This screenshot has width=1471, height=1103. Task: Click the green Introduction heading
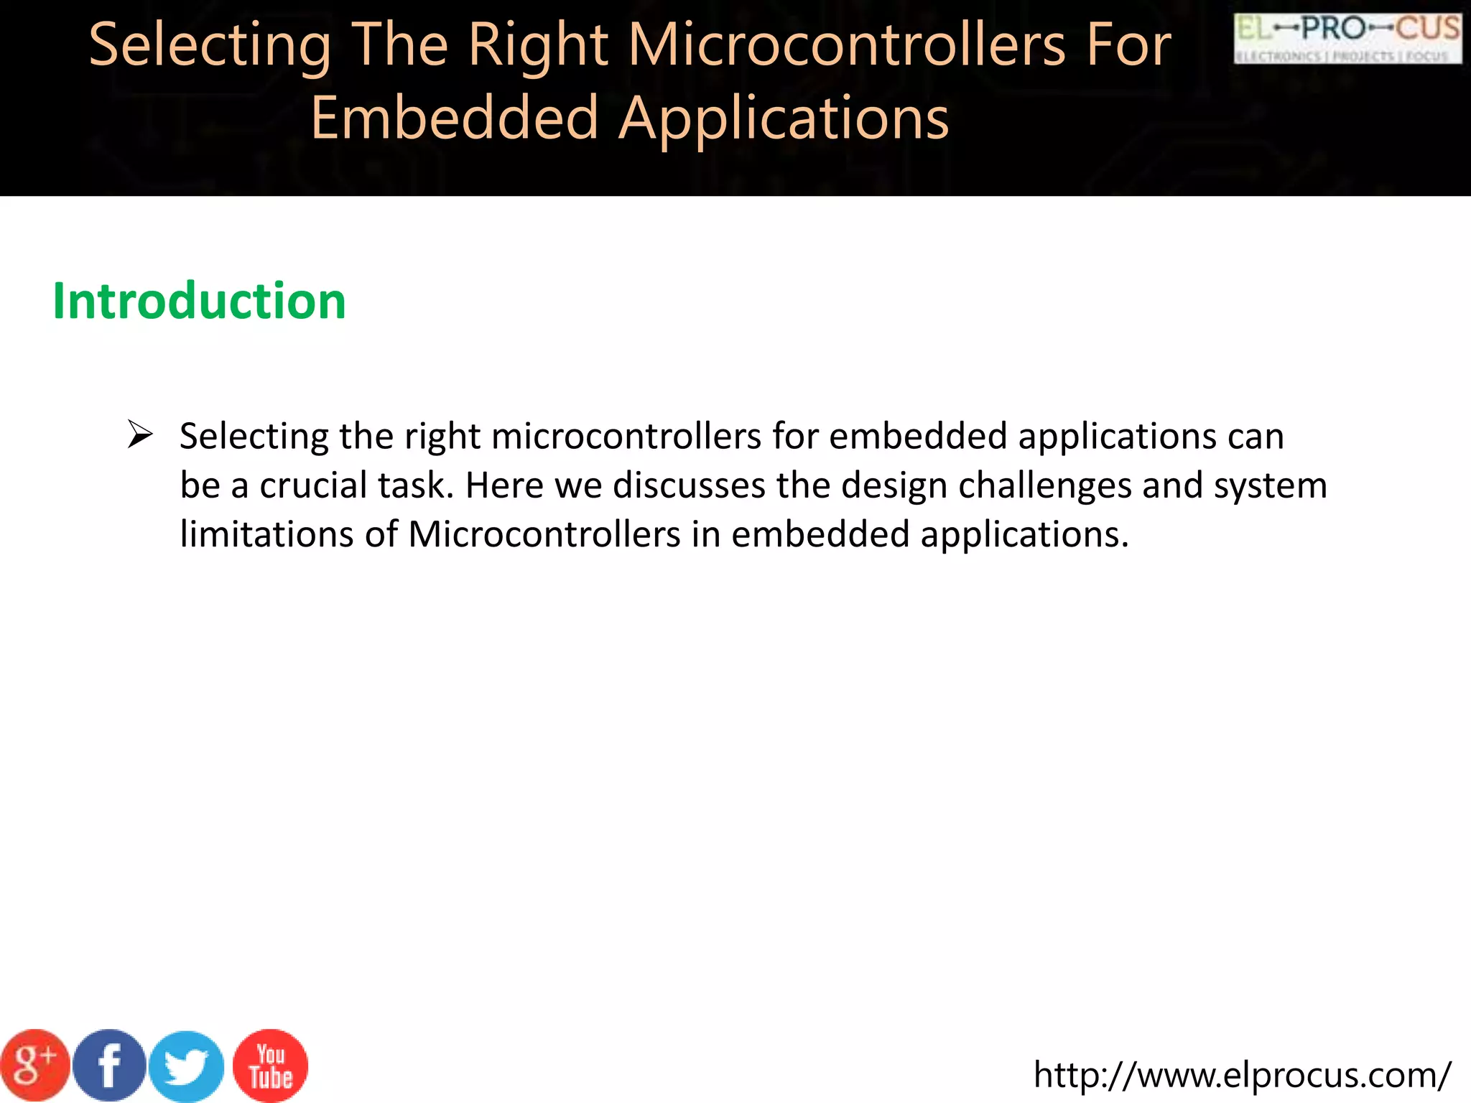[x=199, y=301]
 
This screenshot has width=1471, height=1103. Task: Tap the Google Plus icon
[x=34, y=1065]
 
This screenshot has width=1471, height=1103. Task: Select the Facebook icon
[x=109, y=1066]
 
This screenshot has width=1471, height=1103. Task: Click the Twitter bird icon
[x=187, y=1066]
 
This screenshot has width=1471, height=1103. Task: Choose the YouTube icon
[x=271, y=1066]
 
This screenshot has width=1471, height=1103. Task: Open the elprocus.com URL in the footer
[x=1242, y=1075]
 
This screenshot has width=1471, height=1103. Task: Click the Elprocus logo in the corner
[x=1347, y=39]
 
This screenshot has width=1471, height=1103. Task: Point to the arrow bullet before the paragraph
[x=140, y=434]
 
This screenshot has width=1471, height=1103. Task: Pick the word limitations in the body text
[x=266, y=535]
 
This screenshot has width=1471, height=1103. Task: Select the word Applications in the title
[x=784, y=118]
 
